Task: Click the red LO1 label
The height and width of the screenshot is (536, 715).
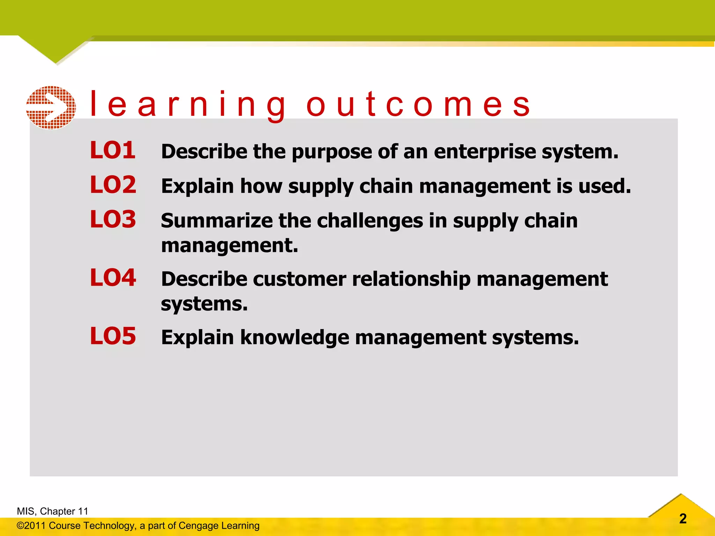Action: click(x=112, y=150)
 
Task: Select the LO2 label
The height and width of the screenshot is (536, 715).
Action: click(x=113, y=185)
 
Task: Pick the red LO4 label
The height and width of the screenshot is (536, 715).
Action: click(x=113, y=278)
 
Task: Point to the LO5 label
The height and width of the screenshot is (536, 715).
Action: click(x=113, y=336)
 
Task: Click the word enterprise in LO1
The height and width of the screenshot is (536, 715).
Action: click(x=485, y=152)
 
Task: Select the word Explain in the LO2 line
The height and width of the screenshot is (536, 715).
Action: click(x=197, y=186)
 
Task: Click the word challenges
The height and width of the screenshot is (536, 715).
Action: click(x=370, y=221)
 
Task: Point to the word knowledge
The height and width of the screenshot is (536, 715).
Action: click(x=294, y=338)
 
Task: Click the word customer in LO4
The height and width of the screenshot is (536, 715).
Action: click(x=299, y=280)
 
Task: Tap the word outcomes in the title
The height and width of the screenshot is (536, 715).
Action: click(x=418, y=104)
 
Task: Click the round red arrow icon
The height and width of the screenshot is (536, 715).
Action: click(x=51, y=108)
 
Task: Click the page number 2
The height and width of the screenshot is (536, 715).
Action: click(x=683, y=519)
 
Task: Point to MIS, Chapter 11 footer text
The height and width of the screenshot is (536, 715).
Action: click(x=52, y=511)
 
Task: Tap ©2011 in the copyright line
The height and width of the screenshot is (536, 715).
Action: click(x=31, y=526)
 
